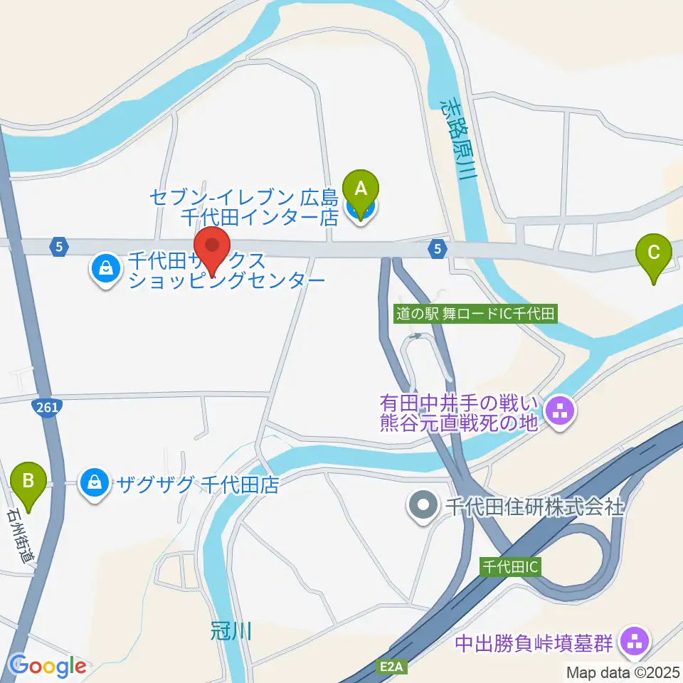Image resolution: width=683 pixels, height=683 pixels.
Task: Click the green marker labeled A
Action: coord(361,190)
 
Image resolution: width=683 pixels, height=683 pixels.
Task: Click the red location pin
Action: coord(213,247)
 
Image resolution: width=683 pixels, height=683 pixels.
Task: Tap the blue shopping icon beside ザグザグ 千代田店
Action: coord(93,484)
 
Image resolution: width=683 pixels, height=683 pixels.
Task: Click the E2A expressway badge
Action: coord(391,667)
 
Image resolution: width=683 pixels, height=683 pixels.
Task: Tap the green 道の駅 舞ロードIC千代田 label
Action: coord(476,312)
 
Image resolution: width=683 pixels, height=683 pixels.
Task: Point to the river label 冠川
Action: coord(231,630)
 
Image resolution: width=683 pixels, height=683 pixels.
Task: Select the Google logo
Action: coord(48,667)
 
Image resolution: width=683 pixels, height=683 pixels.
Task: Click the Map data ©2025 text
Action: coord(623,672)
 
